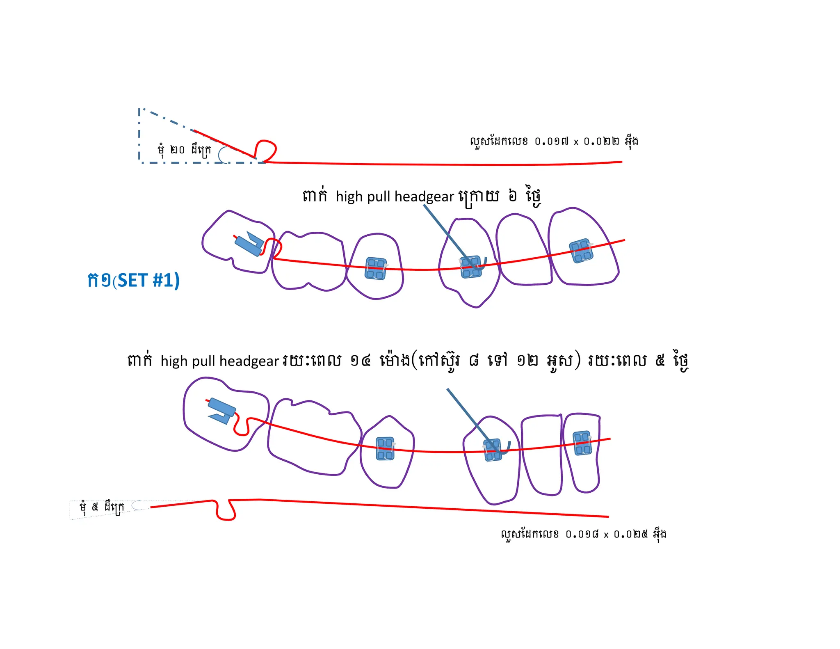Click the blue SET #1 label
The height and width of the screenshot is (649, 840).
133,281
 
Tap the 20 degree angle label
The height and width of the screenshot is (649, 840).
184,150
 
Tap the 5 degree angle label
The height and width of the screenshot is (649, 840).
101,507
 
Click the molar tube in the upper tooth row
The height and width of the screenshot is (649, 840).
249,244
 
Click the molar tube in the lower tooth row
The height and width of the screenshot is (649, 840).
222,410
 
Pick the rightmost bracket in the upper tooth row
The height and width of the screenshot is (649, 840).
581,251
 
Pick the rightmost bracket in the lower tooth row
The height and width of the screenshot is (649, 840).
582,443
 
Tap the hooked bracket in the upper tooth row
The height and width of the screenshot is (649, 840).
472,267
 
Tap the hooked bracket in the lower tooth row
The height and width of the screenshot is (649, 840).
493,450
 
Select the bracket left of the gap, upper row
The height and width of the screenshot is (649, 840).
376,268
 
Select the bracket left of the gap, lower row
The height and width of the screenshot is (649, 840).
385,448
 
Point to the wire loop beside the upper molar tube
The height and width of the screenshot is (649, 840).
273,248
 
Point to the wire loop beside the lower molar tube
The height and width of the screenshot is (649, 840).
242,427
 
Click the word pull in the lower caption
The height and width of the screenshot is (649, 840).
204,361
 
